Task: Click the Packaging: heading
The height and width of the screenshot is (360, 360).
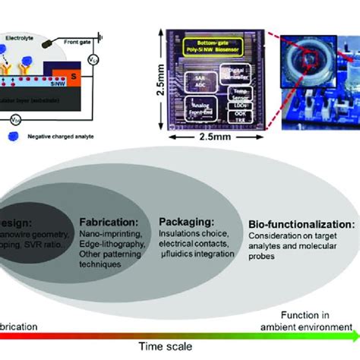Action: point(185,222)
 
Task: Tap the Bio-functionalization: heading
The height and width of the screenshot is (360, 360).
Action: point(301,225)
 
